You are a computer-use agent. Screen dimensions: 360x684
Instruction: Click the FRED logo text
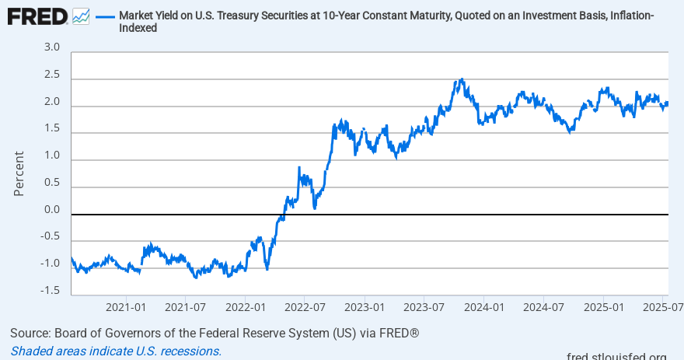[37, 16]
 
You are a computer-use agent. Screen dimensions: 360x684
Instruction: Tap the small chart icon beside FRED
[80, 16]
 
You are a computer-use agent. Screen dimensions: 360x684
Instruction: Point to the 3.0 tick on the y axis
[51, 48]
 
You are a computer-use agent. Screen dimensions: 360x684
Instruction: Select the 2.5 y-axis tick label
[51, 75]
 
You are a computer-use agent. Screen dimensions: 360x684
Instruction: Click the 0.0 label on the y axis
[51, 210]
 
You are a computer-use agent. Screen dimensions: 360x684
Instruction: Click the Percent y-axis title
[19, 173]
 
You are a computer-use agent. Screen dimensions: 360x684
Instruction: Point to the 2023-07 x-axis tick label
[424, 306]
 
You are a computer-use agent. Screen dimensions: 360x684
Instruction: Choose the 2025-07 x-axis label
[661, 306]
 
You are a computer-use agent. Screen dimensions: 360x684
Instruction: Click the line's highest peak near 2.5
[462, 79]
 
